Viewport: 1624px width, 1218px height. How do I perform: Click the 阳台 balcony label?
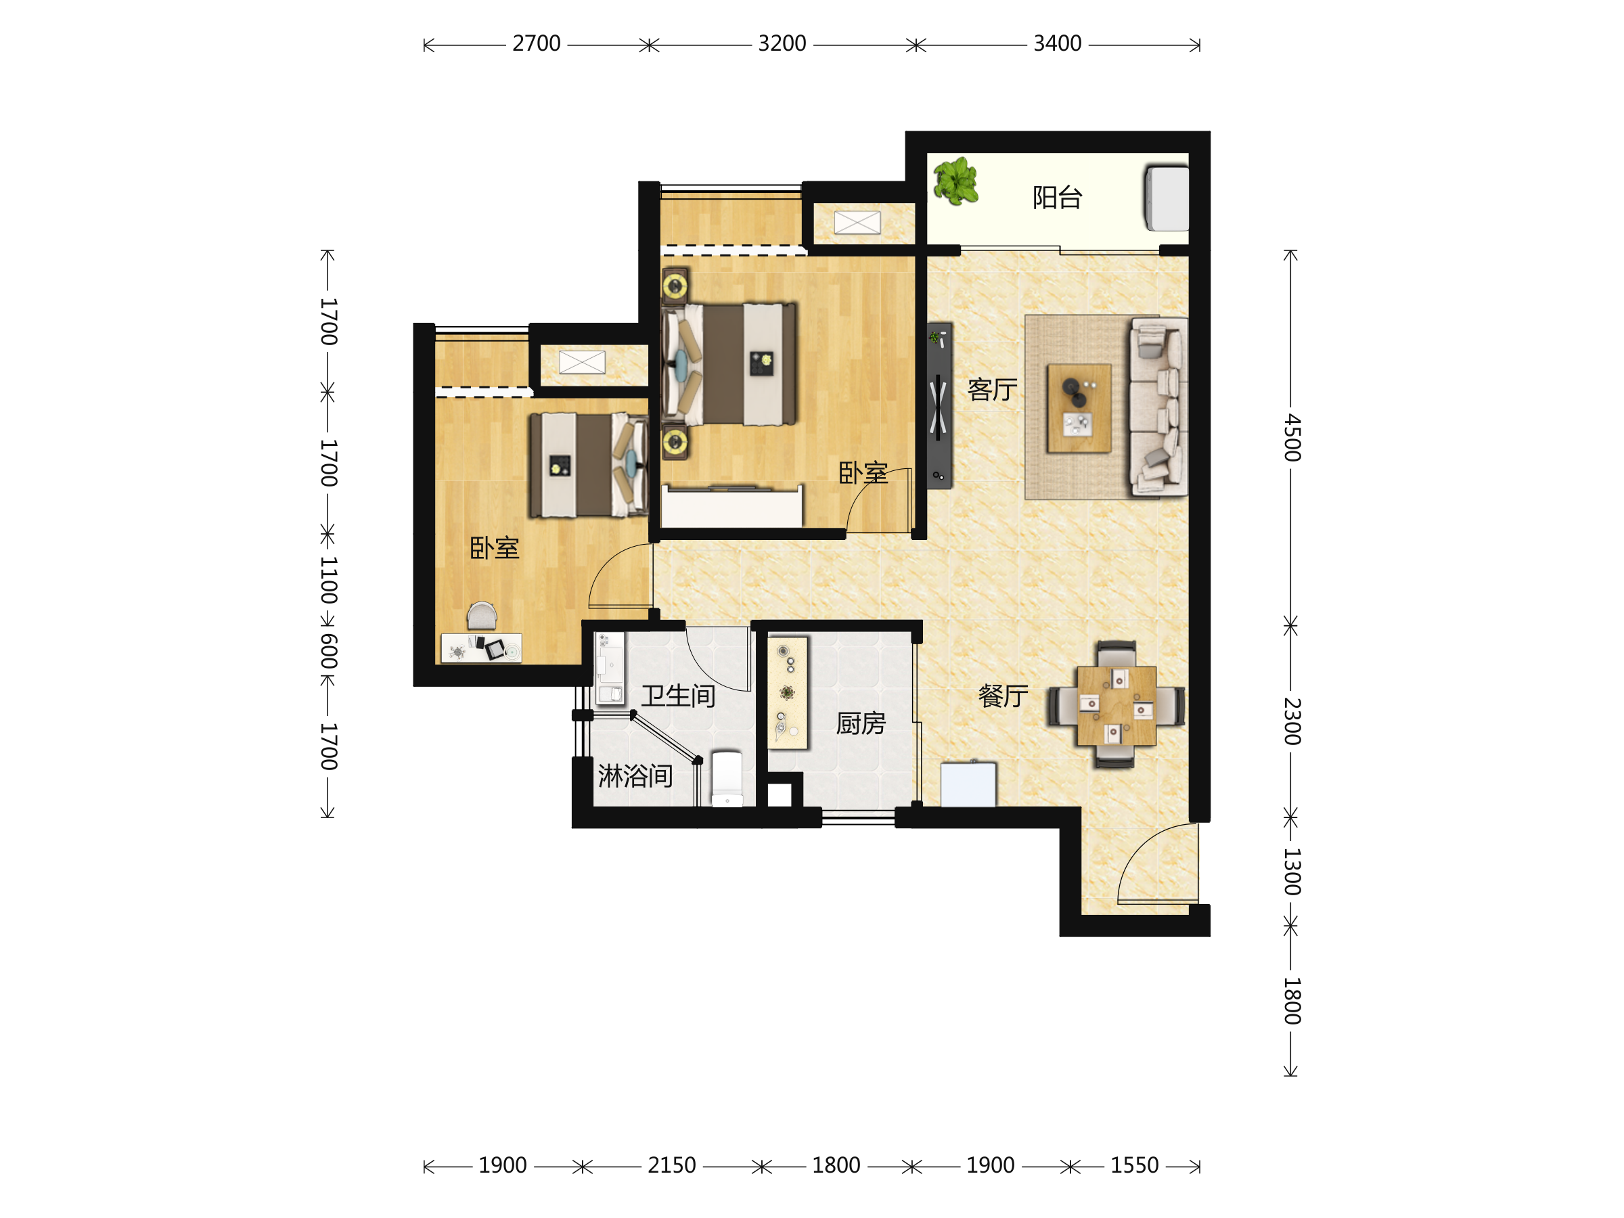pyautogui.click(x=1057, y=198)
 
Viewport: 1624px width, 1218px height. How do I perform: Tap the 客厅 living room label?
pyautogui.click(x=993, y=389)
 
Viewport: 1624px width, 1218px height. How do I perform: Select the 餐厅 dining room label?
pyautogui.click(x=1003, y=695)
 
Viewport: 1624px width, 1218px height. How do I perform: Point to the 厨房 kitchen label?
pyautogui.click(x=861, y=724)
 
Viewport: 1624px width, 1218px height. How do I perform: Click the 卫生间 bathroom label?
pyautogui.click(x=679, y=696)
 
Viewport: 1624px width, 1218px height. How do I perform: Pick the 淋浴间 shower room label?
pyautogui.click(x=635, y=776)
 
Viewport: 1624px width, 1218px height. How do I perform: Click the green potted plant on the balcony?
pyautogui.click(x=955, y=181)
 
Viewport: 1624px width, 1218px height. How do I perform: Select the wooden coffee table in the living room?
pyautogui.click(x=1079, y=408)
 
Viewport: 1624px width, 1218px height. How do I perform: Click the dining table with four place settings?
pyautogui.click(x=1116, y=706)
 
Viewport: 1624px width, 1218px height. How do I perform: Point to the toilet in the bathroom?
pyautogui.click(x=727, y=778)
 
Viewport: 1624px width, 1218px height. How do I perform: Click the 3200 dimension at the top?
pyautogui.click(x=782, y=44)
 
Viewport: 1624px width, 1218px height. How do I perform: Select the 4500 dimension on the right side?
pyautogui.click(x=1292, y=438)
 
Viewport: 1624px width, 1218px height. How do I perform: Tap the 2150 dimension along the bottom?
pyautogui.click(x=671, y=1166)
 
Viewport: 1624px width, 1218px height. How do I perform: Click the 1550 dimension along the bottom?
pyautogui.click(x=1134, y=1166)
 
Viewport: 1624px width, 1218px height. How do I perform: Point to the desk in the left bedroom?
pyautogui.click(x=481, y=648)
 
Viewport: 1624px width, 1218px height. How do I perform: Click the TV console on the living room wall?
pyautogui.click(x=939, y=406)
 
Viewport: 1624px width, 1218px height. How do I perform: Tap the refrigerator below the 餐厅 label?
pyautogui.click(x=968, y=784)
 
